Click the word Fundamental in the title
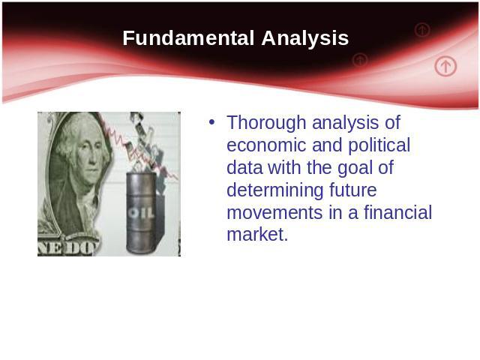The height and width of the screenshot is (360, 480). (188, 38)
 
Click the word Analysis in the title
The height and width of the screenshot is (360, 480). (305, 38)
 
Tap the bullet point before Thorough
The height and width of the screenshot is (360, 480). (211, 122)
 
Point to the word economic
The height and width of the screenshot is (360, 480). (266, 145)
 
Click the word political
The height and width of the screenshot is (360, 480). (379, 145)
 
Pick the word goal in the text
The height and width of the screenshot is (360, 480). (355, 168)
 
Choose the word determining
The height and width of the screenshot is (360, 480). (275, 190)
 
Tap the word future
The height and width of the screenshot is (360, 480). (353, 190)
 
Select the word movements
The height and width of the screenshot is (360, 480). (274, 213)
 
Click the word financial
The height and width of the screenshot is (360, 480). (397, 212)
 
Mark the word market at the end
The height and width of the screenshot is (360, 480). (257, 235)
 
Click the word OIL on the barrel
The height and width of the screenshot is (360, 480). (141, 213)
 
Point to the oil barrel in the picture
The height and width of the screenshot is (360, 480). (141, 213)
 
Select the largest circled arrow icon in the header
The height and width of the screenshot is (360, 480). (445, 66)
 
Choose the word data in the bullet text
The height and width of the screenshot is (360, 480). (244, 168)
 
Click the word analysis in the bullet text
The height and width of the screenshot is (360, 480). (345, 123)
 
